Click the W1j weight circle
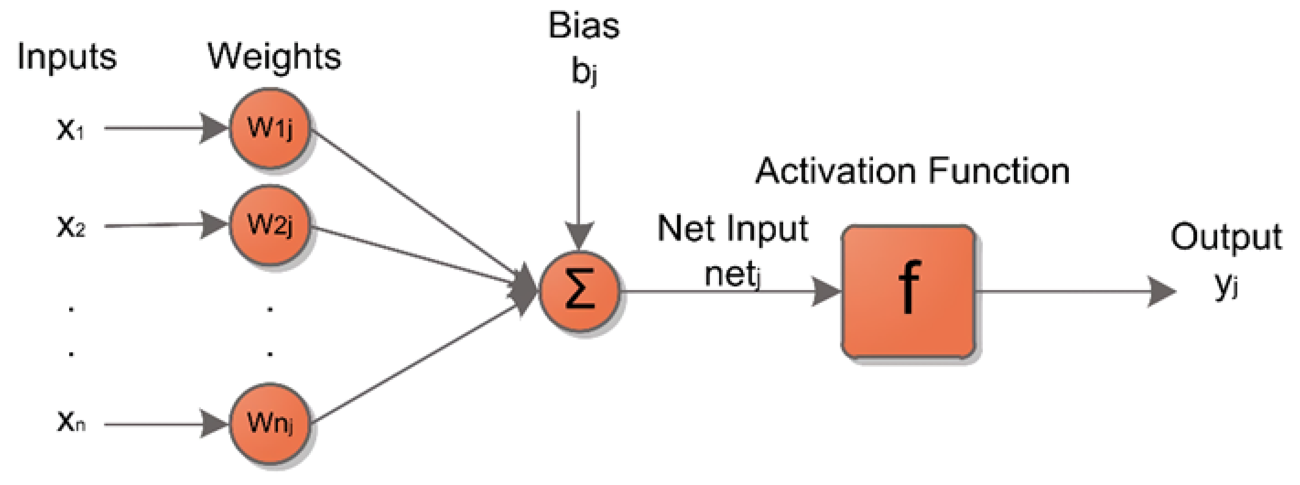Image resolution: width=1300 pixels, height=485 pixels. coord(270,128)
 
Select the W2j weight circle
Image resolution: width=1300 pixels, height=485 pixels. coord(270,225)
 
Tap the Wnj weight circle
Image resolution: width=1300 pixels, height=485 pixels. coord(270,423)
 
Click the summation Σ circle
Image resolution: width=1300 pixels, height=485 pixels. coord(580,291)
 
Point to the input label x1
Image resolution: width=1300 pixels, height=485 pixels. coord(70,129)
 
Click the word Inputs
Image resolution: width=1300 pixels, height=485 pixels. coord(67,57)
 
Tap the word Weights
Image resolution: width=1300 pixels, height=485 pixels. coord(274,57)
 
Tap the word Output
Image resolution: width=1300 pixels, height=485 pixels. coord(1225,237)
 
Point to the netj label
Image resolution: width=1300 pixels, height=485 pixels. coord(732,275)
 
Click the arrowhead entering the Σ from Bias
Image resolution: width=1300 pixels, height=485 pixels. coord(579,235)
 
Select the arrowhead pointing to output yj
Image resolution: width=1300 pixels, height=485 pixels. coord(1161,291)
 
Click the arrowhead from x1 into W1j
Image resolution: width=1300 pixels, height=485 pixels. coord(213,128)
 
